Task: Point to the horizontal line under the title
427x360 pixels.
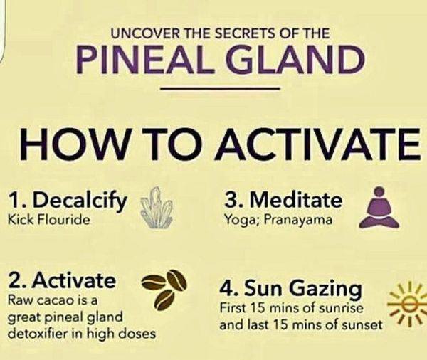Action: coord(221,88)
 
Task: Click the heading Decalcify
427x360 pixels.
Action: coord(80,201)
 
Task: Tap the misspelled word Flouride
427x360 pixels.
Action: coord(65,219)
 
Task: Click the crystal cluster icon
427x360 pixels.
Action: coord(157,208)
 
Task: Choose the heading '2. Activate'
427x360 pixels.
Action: coord(61,280)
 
